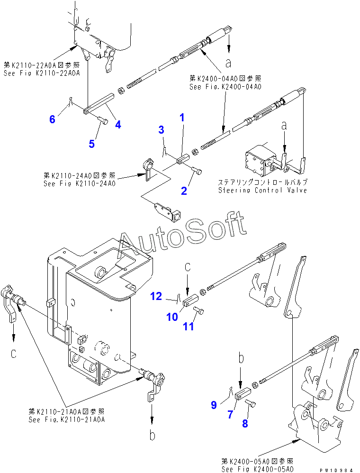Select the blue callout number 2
(183, 191)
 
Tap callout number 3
(161, 129)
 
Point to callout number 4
(118, 125)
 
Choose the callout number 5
(91, 143)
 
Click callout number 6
(52, 119)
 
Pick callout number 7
(230, 414)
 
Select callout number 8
(245, 424)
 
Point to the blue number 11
(189, 327)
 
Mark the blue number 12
(156, 297)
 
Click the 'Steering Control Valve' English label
(262, 191)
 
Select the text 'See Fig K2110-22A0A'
(42, 73)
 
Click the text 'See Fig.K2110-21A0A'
(66, 419)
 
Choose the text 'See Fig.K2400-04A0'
(225, 87)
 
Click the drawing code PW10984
(336, 470)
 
